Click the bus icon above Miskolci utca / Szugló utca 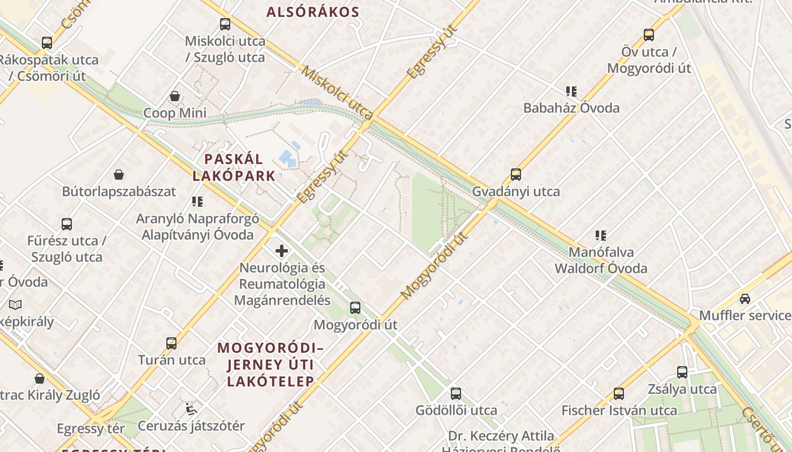coord(225,24)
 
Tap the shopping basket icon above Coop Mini coord(175,96)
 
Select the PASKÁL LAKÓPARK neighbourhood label coord(234,167)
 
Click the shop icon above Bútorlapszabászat coord(119,175)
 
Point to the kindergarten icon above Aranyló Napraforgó coord(197,202)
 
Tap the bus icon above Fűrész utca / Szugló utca coord(67,224)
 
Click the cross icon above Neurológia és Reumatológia coord(282,251)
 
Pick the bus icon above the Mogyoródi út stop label coord(355,308)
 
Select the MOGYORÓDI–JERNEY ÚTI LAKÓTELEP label coord(270,364)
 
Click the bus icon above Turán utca coord(171,343)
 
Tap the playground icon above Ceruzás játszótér coord(191,408)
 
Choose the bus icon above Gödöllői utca coord(456,394)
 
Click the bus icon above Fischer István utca coord(619,394)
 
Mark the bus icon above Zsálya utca coord(682,372)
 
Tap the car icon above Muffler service coord(745,298)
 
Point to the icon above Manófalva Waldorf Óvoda coord(601,235)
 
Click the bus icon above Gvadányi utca coord(516,175)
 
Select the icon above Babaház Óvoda coord(571,91)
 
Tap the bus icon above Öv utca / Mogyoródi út coord(649,35)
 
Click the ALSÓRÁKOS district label coord(313,12)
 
